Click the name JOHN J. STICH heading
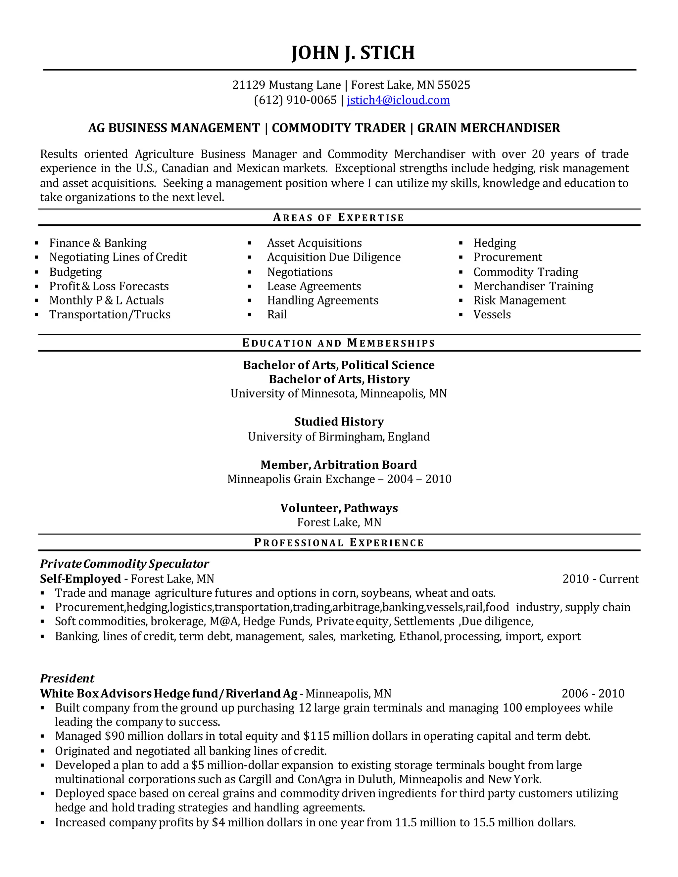pyautogui.click(x=353, y=53)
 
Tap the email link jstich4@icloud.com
pyautogui.click(x=398, y=100)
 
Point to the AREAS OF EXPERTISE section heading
pyautogui.click(x=339, y=218)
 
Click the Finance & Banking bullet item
pyautogui.click(x=98, y=243)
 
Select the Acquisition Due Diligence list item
pyautogui.click(x=334, y=257)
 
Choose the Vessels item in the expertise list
pyautogui.click(x=492, y=314)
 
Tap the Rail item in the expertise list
pyautogui.click(x=277, y=314)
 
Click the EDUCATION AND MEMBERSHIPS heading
pyautogui.click(x=339, y=343)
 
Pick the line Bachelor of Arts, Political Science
pyautogui.click(x=339, y=365)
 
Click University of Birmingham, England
pyautogui.click(x=339, y=437)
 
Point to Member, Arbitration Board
pyautogui.click(x=339, y=465)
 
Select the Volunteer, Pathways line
pyautogui.click(x=339, y=508)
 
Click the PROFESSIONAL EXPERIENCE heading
pyautogui.click(x=339, y=542)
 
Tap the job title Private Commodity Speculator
pyautogui.click(x=124, y=564)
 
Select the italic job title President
pyautogui.click(x=67, y=679)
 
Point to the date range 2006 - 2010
pyautogui.click(x=593, y=693)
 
